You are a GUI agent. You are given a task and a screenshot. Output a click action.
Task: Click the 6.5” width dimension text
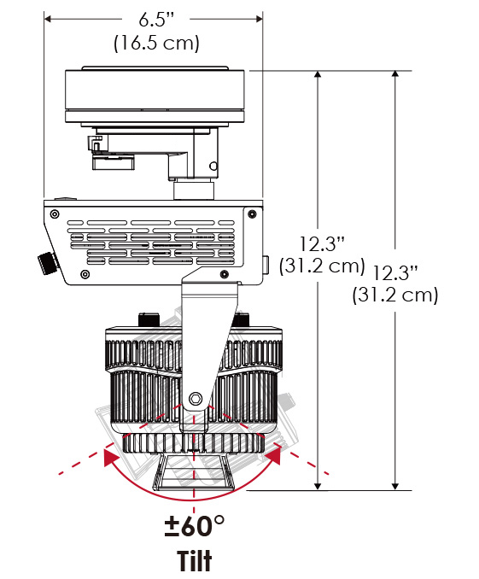tap(156, 19)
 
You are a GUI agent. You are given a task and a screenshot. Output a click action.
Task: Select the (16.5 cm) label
tap(156, 44)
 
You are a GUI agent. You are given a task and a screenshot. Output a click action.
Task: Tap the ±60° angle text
tap(195, 526)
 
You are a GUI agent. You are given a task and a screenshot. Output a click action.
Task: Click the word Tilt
tap(195, 560)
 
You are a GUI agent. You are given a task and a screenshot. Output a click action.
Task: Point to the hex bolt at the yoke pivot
tap(195, 399)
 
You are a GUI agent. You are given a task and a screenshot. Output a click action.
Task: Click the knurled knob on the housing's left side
tap(48, 262)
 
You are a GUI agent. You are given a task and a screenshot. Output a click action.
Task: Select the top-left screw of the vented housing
tap(55, 213)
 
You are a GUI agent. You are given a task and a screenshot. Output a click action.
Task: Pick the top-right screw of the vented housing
tap(252, 213)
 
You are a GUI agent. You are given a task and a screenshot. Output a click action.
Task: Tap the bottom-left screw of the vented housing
tap(85, 274)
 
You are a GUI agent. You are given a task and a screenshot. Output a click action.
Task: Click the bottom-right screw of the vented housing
tap(225, 274)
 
